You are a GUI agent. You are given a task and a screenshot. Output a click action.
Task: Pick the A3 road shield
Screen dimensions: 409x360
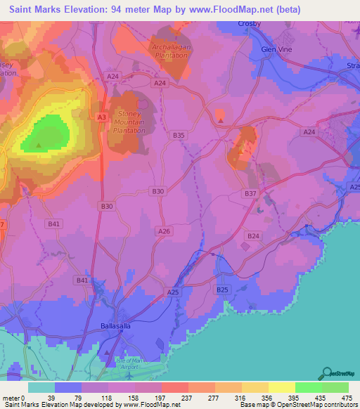(x=102, y=117)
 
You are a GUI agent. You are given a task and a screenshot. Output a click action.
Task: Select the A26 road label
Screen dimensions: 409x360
(x=165, y=231)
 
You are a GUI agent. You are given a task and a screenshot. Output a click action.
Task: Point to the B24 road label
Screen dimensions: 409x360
(x=253, y=236)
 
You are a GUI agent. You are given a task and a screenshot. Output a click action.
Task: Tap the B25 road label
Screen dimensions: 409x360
(x=223, y=290)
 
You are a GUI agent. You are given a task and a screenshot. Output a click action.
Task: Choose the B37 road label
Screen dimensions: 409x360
(x=250, y=193)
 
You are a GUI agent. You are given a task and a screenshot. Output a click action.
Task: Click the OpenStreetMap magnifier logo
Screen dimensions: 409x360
(x=326, y=373)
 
